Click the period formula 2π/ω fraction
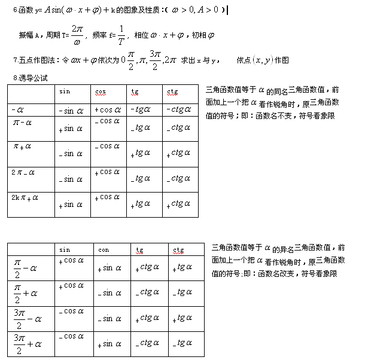(76, 34)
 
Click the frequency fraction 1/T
(121, 34)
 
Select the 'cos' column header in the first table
(101, 91)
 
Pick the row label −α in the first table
(17, 110)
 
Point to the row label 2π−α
(23, 172)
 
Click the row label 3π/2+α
(28, 343)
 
